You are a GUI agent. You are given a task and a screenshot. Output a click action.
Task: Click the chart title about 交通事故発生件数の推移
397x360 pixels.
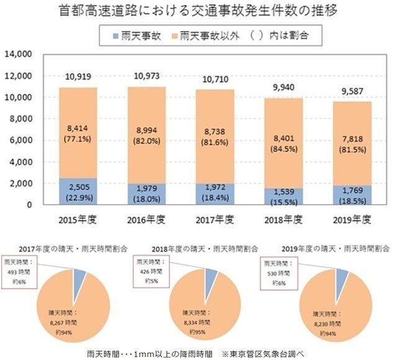click(198, 12)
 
